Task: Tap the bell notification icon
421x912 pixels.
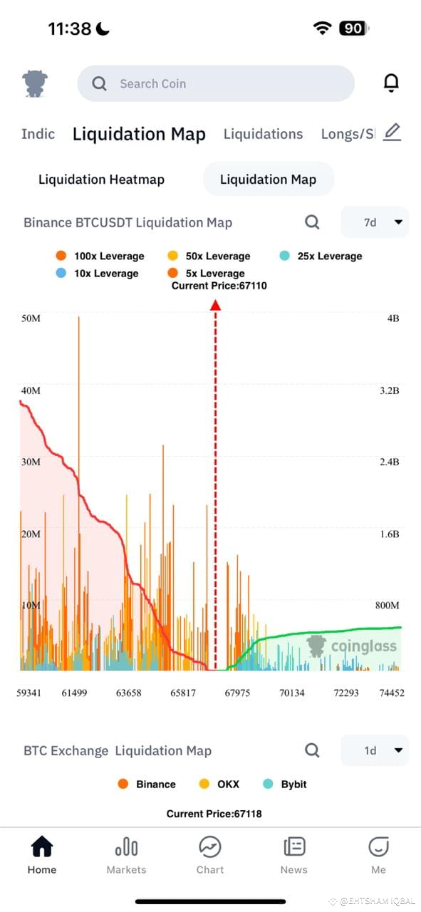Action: coord(391,83)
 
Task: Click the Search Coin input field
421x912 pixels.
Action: coord(215,83)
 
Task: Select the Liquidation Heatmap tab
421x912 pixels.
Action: coord(101,179)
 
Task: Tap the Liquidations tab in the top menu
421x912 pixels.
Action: coord(263,134)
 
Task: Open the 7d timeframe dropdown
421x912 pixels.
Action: coord(375,222)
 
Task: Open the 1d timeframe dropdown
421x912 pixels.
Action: coord(375,750)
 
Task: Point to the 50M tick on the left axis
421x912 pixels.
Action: coord(31,318)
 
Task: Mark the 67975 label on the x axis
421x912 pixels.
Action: coord(237,693)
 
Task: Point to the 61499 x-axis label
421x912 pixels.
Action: coord(74,693)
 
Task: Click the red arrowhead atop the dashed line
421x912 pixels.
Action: coord(215,305)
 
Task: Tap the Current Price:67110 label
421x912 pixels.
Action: coord(219,286)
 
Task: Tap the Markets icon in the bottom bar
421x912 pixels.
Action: coord(126,855)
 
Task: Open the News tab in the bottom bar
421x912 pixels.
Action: coord(293,855)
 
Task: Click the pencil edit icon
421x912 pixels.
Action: coord(392,132)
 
